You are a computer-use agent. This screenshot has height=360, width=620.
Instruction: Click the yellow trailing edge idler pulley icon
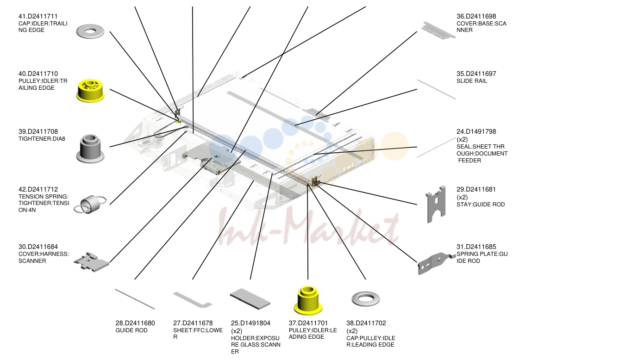(90, 91)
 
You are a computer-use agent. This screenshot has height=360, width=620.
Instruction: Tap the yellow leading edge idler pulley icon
(308, 301)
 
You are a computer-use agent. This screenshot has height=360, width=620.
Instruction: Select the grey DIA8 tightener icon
(90, 149)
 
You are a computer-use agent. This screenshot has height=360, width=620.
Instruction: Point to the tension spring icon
(90, 205)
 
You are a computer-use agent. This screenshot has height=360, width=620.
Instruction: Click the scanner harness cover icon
(91, 262)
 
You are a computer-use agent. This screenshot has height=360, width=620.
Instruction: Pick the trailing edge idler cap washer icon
(90, 31)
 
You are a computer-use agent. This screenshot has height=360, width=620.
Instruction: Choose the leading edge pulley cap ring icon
(366, 298)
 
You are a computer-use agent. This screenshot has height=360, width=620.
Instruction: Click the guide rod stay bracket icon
(435, 204)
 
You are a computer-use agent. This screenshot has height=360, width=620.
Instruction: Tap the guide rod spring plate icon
(437, 263)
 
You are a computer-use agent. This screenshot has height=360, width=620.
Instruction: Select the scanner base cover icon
(438, 31)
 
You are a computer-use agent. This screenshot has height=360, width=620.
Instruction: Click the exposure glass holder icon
(250, 298)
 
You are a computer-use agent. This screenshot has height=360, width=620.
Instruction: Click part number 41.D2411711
(38, 16)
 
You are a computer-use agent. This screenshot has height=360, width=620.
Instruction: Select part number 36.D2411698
(476, 16)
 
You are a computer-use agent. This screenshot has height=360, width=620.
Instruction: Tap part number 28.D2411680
(135, 323)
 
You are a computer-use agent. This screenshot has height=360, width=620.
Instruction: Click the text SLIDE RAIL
(472, 81)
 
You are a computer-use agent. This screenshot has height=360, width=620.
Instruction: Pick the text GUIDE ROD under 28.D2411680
(132, 330)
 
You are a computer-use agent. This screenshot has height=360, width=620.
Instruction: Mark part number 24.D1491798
(476, 131)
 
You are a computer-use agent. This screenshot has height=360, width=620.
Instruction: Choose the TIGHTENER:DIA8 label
(42, 139)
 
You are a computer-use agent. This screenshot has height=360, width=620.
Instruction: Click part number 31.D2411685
(476, 247)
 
